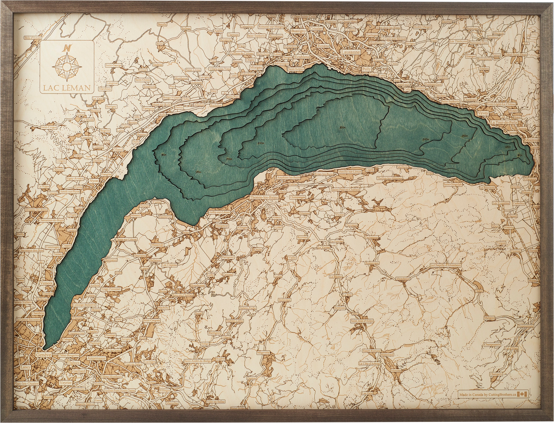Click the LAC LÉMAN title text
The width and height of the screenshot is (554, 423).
coord(67,88)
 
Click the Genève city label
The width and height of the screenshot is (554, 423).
coord(43,355)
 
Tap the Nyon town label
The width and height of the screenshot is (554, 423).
coord(94,181)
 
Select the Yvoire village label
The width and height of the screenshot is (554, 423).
coord(156,202)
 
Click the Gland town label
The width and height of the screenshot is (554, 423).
coord(118,149)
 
